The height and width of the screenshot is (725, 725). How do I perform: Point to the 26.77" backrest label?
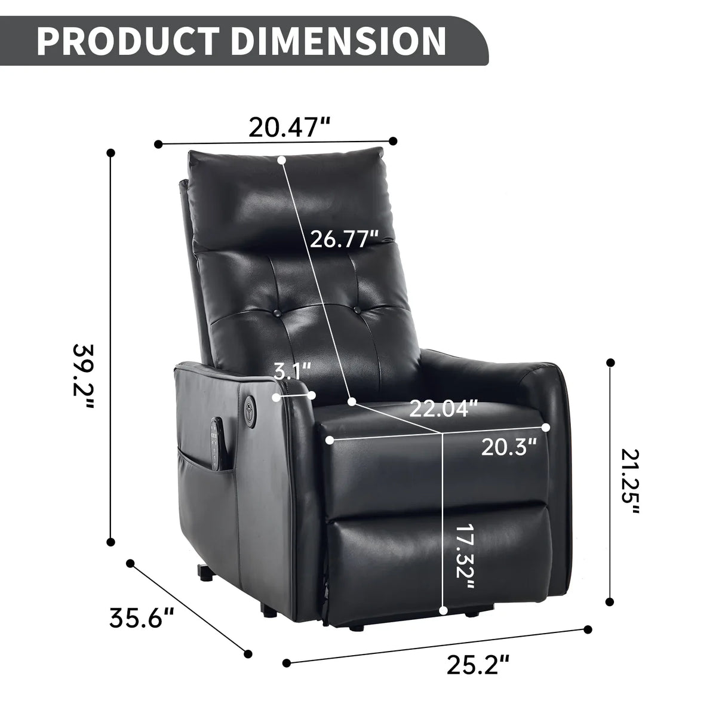click(344, 239)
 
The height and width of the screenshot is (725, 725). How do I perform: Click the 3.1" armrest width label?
click(293, 371)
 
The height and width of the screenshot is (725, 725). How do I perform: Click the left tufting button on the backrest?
click(278, 313)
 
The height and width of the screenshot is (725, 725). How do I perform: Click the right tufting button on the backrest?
click(356, 310)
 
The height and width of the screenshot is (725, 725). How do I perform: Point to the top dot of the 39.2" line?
click(110, 153)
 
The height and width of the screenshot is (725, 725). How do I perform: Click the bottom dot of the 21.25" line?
click(610, 602)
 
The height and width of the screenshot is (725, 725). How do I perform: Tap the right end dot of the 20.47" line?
click(392, 141)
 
